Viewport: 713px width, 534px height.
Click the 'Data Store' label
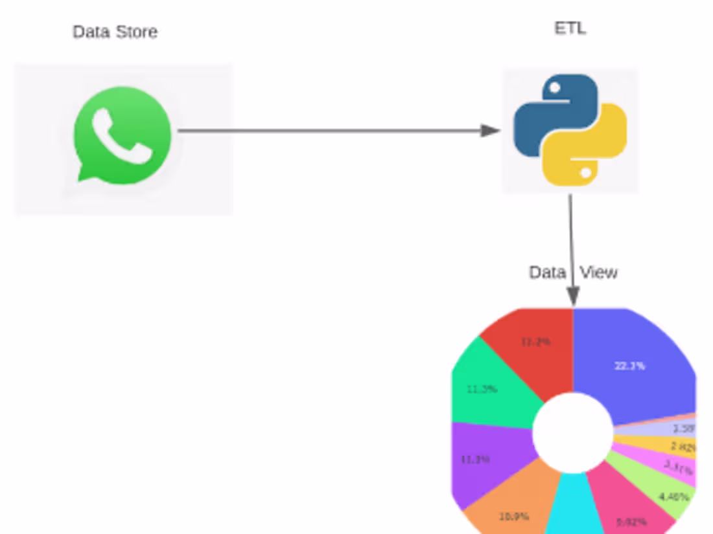coord(115,32)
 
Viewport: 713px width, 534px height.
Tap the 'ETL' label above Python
coord(570,28)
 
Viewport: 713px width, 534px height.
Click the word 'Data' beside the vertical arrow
coord(548,273)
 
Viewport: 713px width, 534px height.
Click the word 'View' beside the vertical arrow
coord(598,273)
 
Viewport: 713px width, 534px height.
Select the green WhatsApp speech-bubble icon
coord(122,136)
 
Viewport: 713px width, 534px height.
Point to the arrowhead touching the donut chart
coord(573,296)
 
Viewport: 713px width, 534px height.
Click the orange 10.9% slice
coord(512,508)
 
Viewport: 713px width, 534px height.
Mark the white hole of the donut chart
coord(573,432)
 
